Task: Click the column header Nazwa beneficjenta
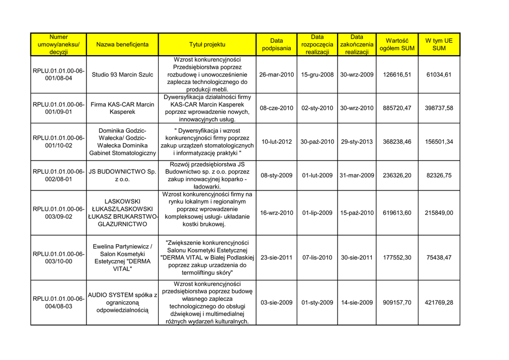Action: (122, 44)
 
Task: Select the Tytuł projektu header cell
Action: (207, 44)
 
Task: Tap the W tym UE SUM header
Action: (439, 44)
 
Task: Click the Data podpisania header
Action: (276, 44)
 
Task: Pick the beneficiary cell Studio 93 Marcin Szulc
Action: (122, 75)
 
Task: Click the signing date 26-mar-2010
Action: (276, 75)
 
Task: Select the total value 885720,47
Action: (397, 108)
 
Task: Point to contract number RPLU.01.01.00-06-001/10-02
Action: (59, 142)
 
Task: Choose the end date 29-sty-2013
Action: (356, 142)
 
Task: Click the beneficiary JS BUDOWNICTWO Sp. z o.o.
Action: (122, 175)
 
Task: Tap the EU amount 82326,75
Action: (439, 175)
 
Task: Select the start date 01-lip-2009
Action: (317, 213)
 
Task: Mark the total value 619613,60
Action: (397, 213)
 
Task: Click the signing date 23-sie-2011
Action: (276, 258)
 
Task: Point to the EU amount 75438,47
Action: (439, 258)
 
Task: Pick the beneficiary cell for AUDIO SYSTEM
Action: (122, 302)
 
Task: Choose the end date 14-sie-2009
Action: (356, 302)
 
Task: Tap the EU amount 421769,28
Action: (439, 302)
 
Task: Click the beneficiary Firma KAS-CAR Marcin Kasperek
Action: (122, 108)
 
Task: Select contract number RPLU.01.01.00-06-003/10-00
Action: (59, 258)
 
